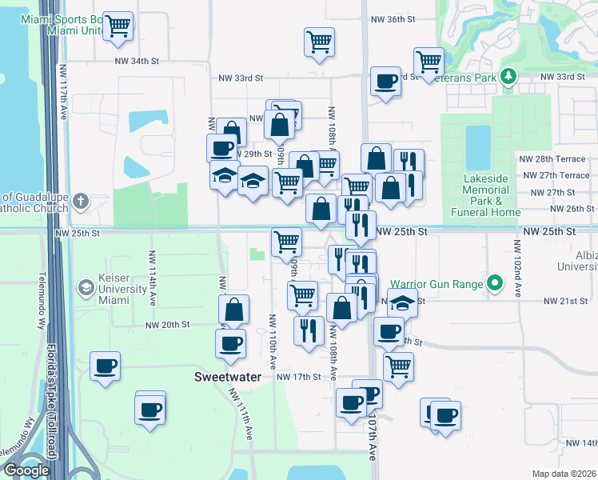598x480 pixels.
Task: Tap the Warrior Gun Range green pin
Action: pos(495,283)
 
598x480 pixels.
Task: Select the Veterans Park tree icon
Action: pos(508,77)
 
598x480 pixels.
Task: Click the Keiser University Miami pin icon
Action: pos(86,287)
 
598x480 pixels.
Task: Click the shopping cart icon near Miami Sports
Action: pos(118,26)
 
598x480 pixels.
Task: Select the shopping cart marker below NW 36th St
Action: pos(319,42)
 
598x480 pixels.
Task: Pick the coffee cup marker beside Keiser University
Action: pos(105,366)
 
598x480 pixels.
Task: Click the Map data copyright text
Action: pos(563,474)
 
